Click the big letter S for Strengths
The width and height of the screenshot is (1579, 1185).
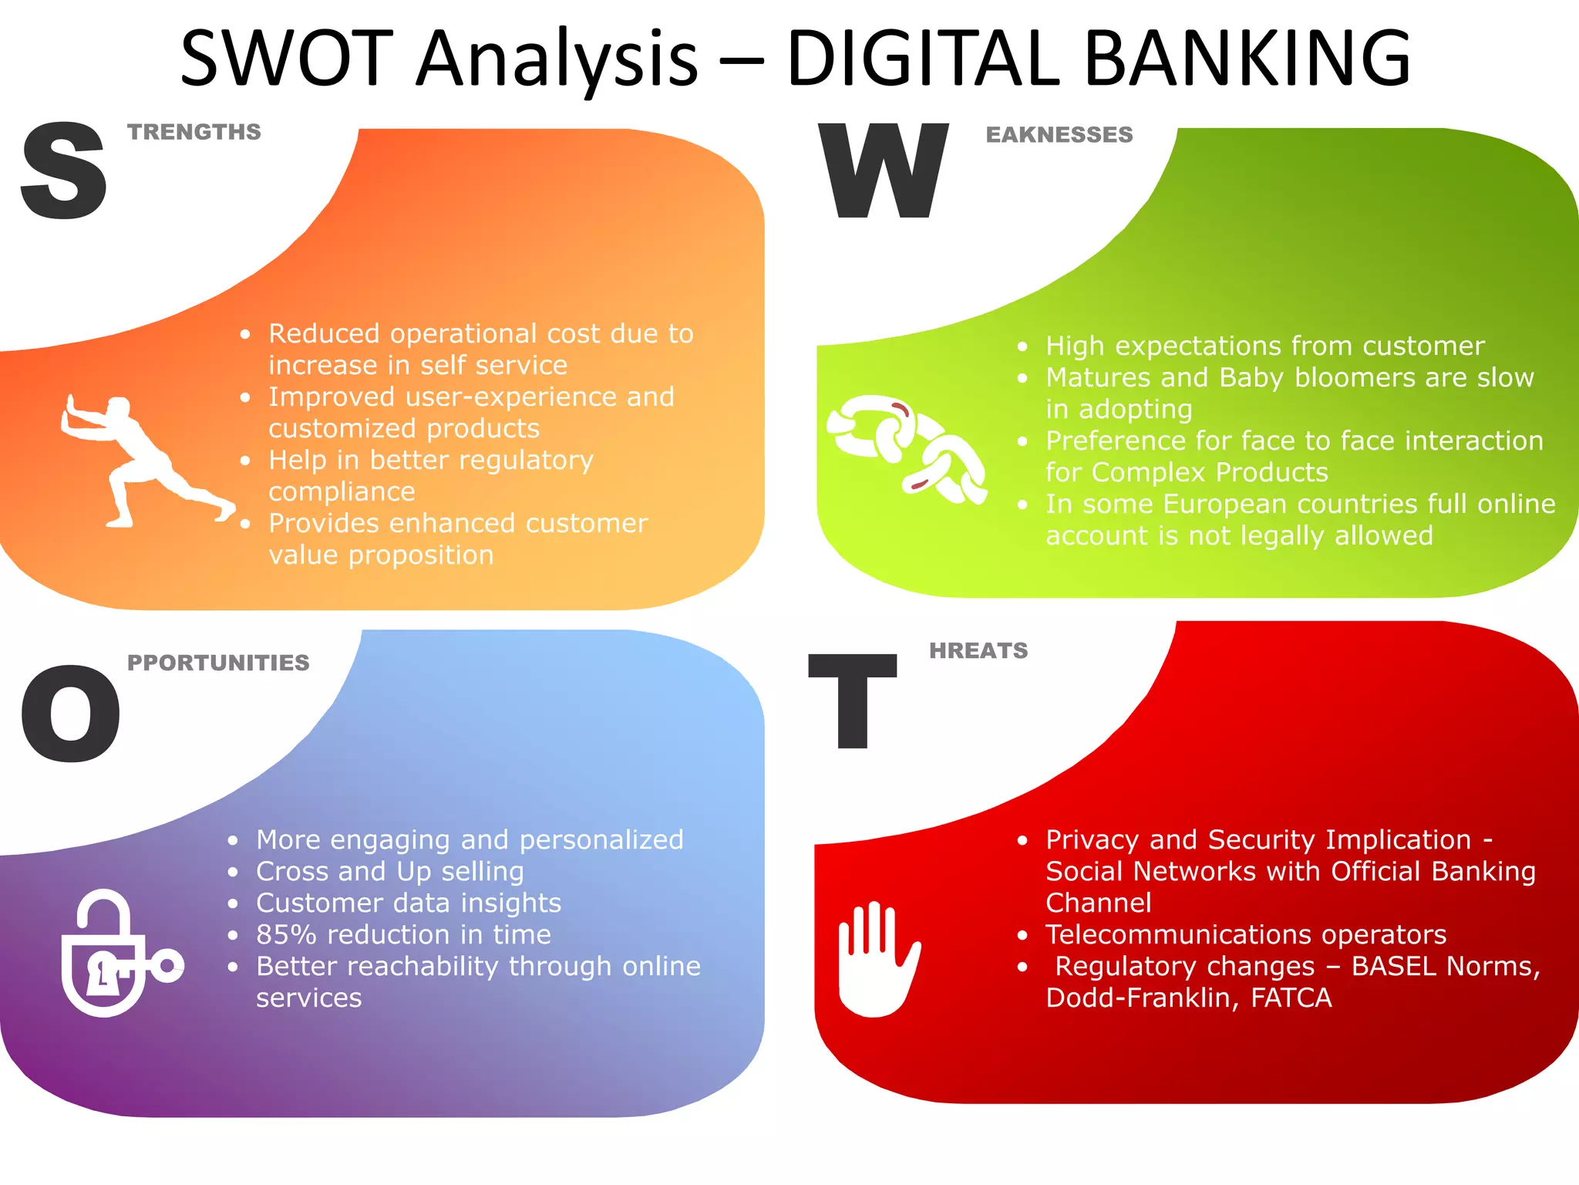[x=64, y=170]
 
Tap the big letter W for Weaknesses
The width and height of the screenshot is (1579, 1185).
[x=884, y=170]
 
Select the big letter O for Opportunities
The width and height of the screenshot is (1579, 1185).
[x=71, y=714]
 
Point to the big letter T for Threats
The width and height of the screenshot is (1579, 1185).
[x=853, y=701]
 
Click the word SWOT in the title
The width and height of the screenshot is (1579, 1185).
[x=287, y=59]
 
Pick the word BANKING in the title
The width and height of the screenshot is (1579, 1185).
[x=1247, y=59]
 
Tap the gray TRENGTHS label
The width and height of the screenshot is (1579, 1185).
[x=194, y=132]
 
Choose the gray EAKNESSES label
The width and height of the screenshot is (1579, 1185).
[x=1059, y=135]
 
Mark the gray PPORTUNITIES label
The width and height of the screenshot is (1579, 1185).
[x=218, y=663]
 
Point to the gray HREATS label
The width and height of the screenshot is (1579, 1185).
[x=978, y=650]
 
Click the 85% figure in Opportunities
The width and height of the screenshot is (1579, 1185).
[x=286, y=935]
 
